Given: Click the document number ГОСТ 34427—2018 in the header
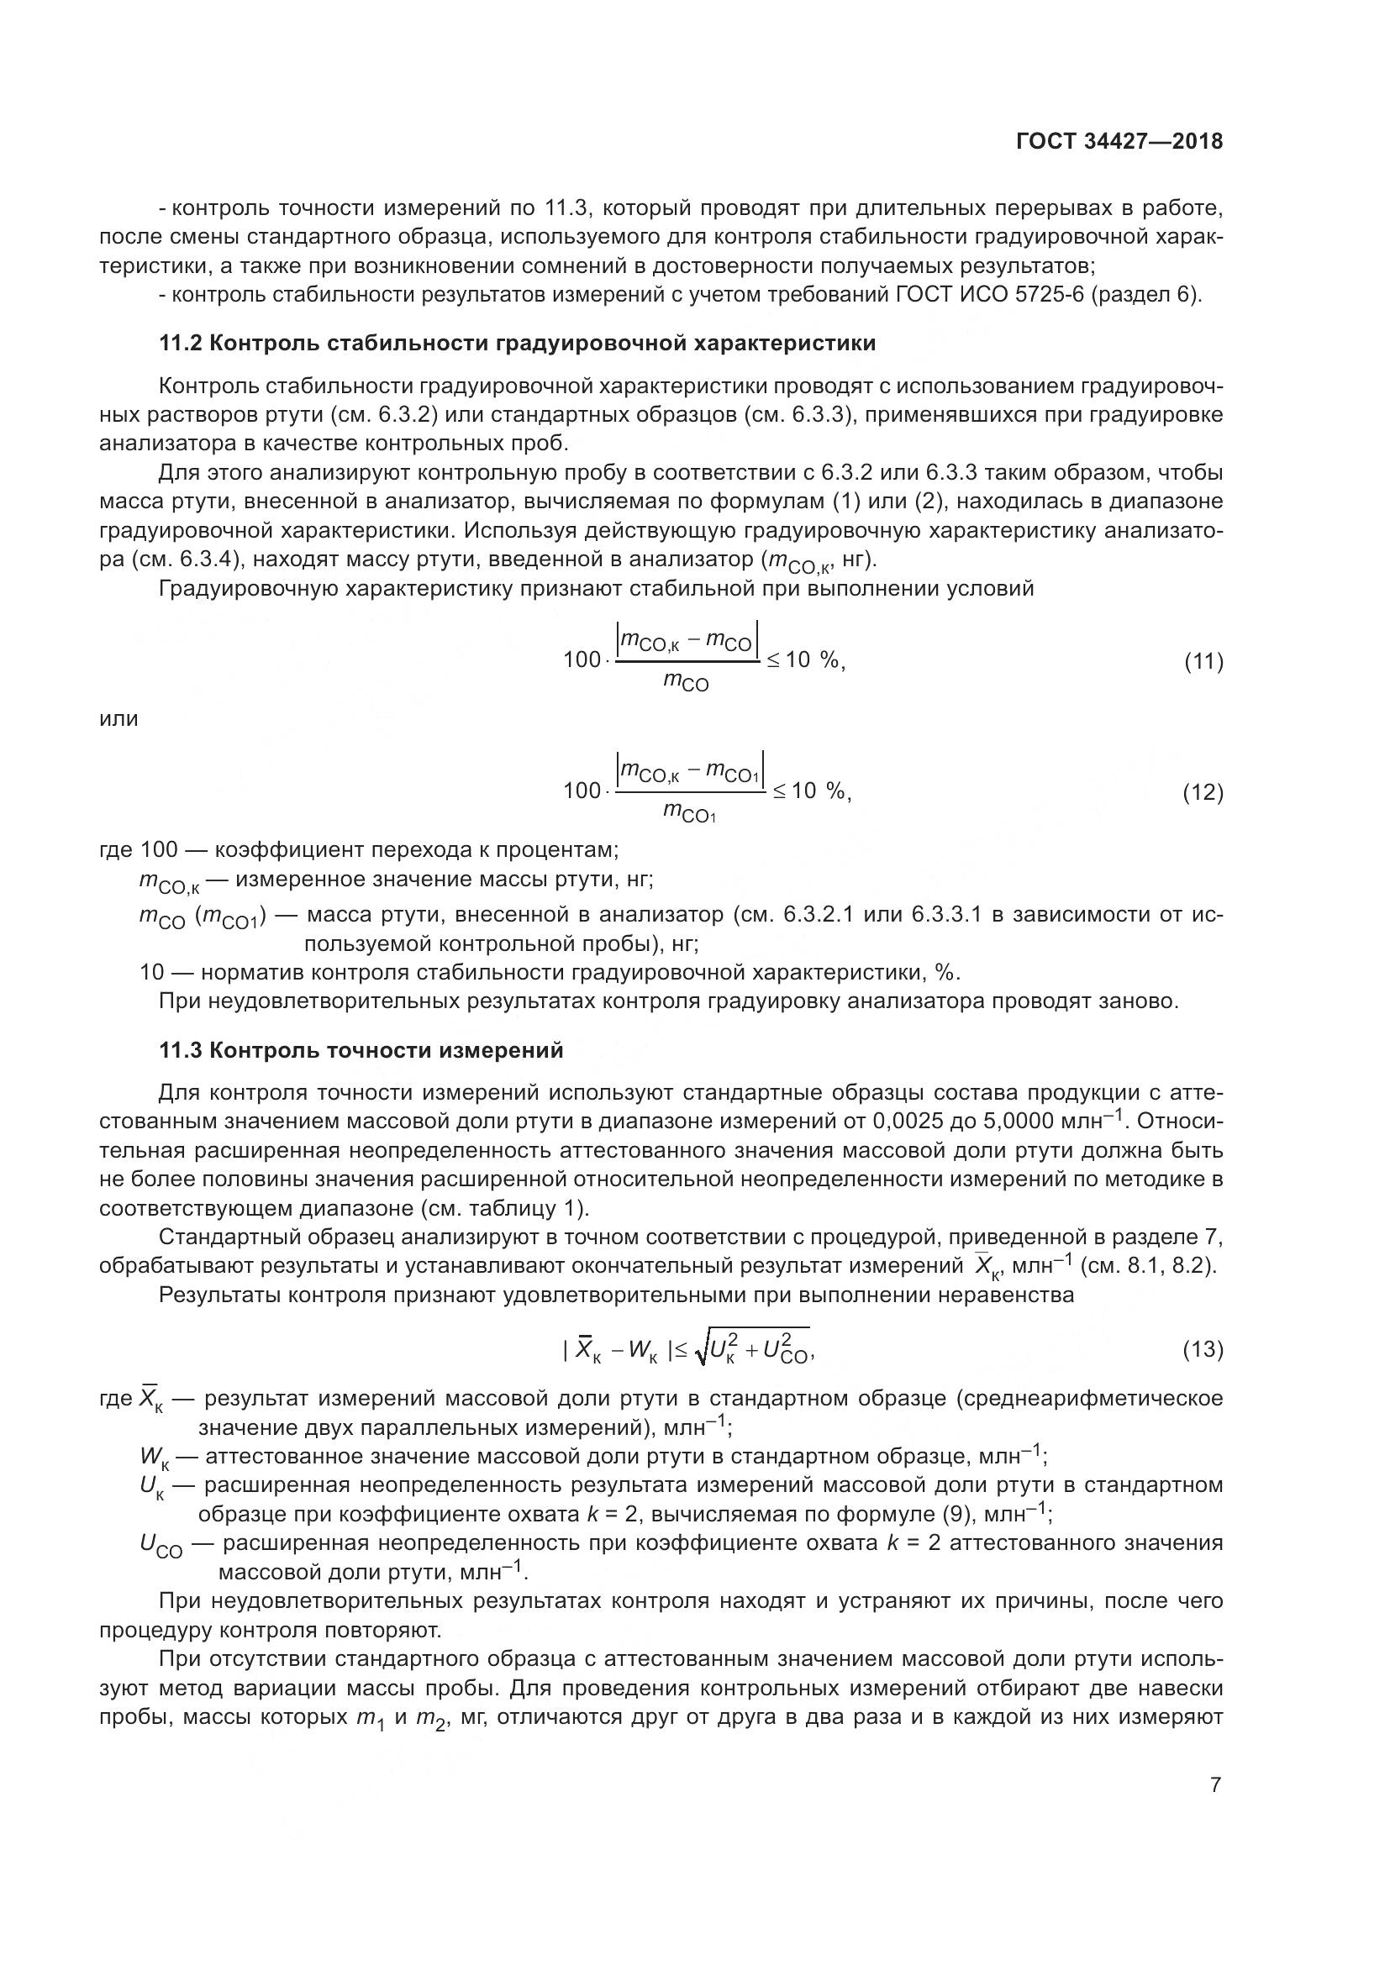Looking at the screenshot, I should pos(1119,142).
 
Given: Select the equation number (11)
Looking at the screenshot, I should pos(1203,660).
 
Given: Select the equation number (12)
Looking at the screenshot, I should pos(1203,791).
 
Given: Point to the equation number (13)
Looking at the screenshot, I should pos(1203,1350).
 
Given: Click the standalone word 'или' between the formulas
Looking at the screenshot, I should pos(119,719).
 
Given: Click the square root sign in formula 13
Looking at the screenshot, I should pos(701,1351).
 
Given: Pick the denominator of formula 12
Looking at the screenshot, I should pos(689,813).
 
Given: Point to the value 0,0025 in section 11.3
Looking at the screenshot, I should pos(910,1122).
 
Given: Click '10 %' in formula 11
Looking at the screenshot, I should pos(813,660).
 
